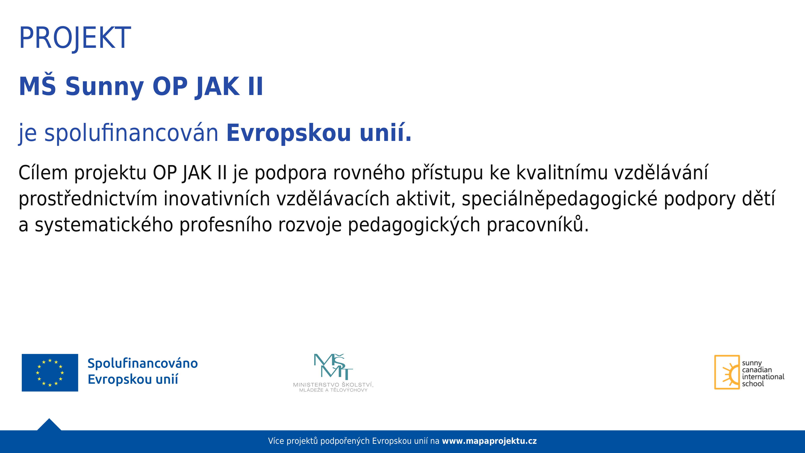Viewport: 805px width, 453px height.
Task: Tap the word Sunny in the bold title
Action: pos(105,87)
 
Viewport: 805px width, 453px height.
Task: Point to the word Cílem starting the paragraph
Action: pos(43,173)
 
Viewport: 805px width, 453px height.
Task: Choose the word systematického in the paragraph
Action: pos(104,225)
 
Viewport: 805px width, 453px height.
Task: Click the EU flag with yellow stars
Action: pos(50,373)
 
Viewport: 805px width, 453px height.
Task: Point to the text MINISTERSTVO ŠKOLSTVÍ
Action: pos(333,385)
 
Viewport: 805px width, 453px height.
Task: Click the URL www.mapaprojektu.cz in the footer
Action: pos(489,441)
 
